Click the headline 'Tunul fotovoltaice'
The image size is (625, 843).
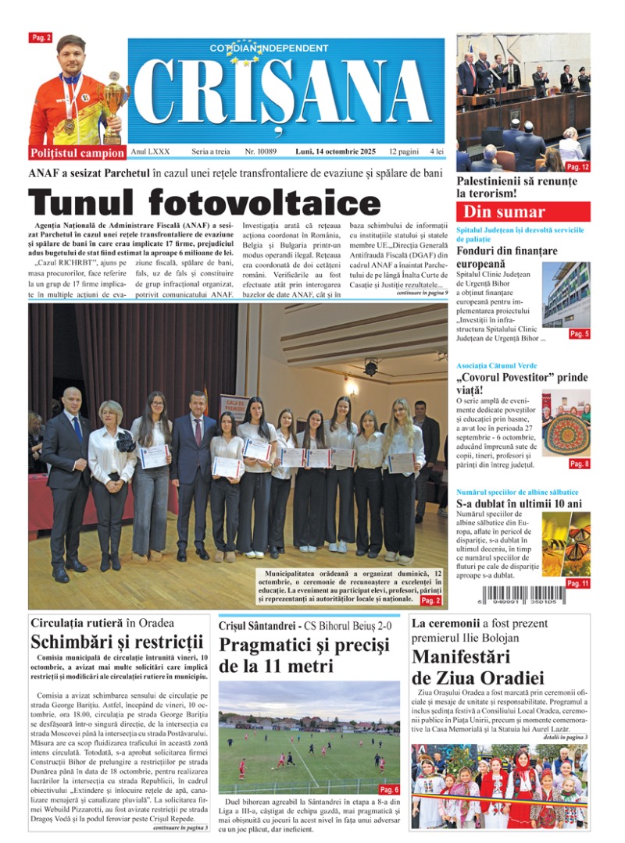205,203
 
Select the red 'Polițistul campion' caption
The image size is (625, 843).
77,153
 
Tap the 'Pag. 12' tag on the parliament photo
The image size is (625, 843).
577,167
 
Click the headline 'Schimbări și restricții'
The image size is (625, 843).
117,642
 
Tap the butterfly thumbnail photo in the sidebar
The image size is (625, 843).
566,543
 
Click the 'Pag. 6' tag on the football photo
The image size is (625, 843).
389,789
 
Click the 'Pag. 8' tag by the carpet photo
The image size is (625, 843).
579,464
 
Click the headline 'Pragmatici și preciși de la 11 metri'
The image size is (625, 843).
304,656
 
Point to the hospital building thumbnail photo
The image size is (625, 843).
566,293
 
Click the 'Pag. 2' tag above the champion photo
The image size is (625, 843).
41,37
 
